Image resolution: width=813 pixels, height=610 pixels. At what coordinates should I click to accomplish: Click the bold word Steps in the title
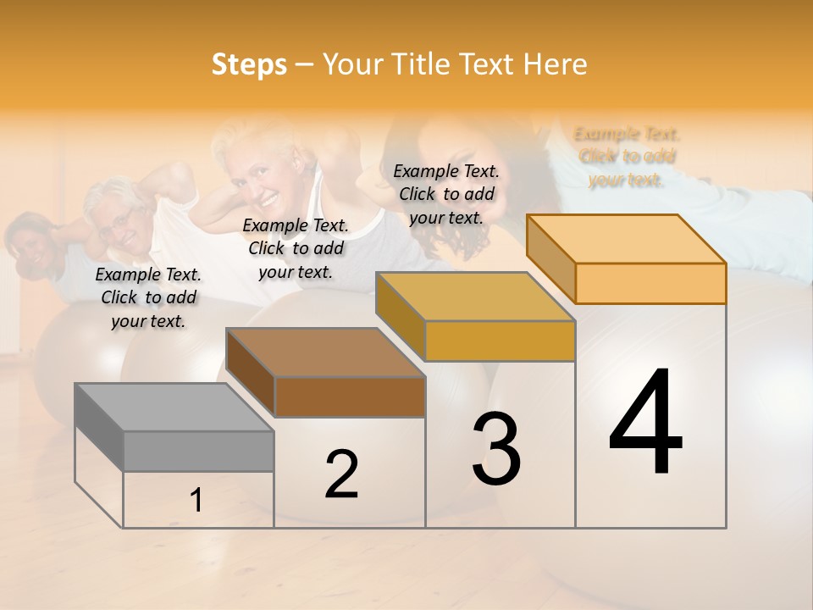(249, 65)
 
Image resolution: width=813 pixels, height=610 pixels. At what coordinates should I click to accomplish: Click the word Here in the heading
(556, 64)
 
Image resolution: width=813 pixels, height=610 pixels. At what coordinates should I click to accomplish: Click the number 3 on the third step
(496, 449)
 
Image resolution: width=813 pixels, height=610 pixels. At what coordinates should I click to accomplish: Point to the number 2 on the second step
(341, 474)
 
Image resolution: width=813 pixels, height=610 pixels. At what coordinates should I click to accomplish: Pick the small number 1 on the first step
(196, 501)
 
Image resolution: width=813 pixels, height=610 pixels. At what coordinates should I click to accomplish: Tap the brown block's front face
(350, 396)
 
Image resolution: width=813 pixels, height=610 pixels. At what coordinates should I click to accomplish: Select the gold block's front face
(500, 341)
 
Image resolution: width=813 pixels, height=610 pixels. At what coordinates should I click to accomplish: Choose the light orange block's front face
(650, 283)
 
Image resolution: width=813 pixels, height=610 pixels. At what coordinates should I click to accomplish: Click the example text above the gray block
(148, 298)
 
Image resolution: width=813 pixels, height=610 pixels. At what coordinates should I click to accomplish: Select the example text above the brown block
(296, 248)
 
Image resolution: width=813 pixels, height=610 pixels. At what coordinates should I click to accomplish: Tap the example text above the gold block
(446, 194)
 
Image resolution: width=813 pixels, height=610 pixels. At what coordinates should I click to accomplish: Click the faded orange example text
(627, 157)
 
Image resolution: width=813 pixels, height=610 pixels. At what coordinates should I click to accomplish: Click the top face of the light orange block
(626, 238)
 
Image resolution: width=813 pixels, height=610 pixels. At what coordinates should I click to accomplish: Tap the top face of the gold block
(475, 297)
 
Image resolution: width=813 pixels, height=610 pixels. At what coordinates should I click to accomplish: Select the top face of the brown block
(325, 352)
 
